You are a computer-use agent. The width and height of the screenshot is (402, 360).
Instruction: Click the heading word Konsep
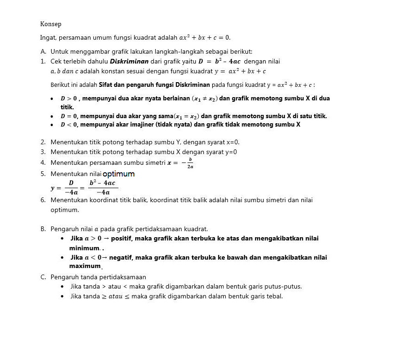pyautogui.click(x=51, y=24)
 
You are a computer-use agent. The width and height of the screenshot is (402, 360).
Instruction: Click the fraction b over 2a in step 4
pyautogui.click(x=190, y=162)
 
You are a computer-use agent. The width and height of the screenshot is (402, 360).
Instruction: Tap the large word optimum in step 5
pyautogui.click(x=118, y=174)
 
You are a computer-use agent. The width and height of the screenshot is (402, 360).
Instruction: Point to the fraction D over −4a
pyautogui.click(x=71, y=188)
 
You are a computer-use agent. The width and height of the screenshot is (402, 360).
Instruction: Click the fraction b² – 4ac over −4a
pyautogui.click(x=103, y=188)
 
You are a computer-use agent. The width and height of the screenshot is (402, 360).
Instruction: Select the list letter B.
pyautogui.click(x=43, y=229)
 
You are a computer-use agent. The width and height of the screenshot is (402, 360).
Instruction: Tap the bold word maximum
pyautogui.click(x=85, y=266)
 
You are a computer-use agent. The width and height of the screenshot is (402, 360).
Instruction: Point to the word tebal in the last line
pyautogui.click(x=274, y=296)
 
